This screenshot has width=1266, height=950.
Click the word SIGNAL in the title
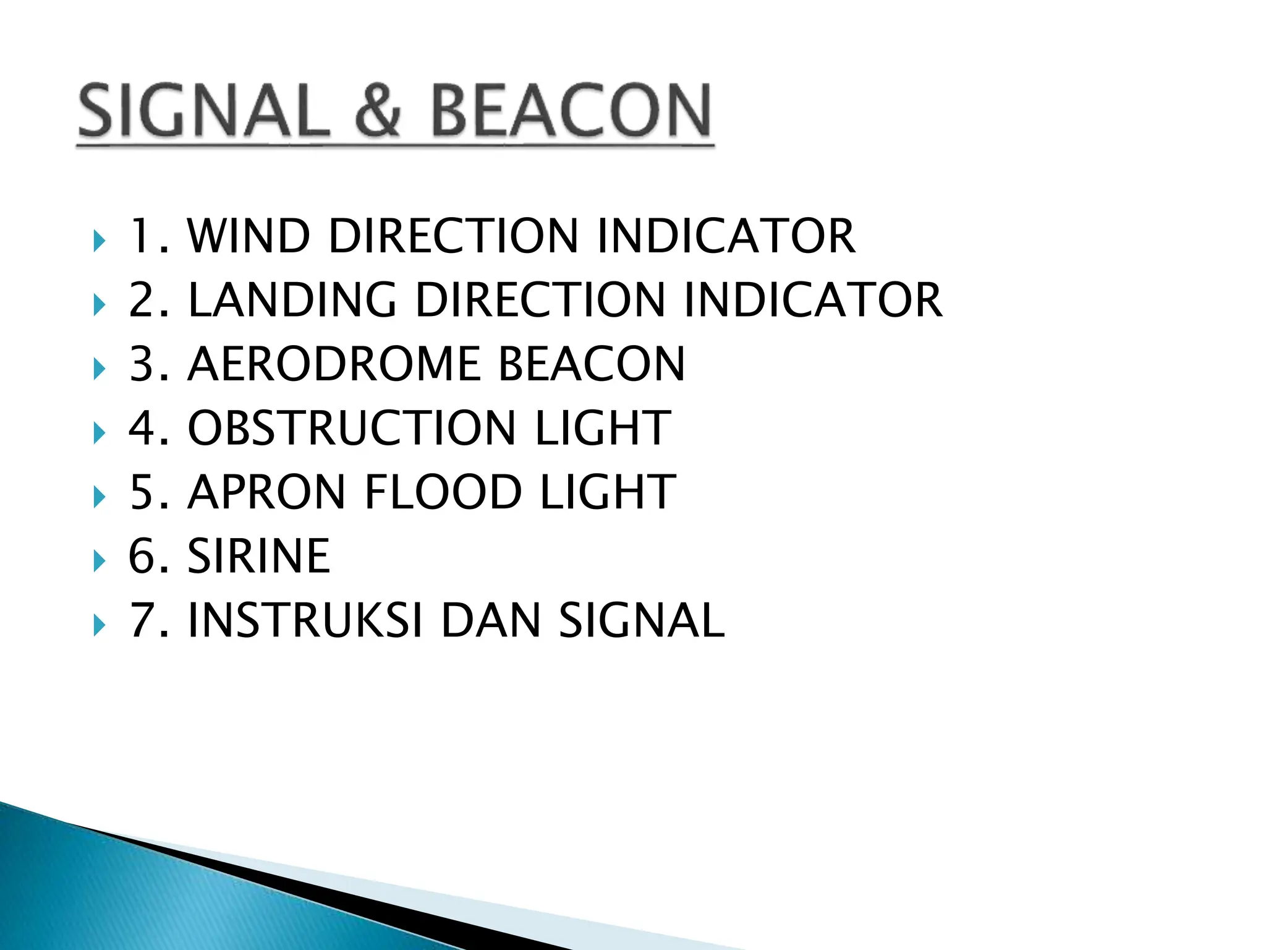click(203, 111)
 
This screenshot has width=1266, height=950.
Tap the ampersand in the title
click(378, 111)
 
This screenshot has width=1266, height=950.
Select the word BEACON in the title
click(570, 111)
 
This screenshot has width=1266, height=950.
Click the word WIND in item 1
click(249, 236)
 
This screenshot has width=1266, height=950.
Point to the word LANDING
click(292, 301)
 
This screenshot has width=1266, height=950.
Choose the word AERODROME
click(334, 364)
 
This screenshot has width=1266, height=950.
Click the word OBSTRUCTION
click(351, 428)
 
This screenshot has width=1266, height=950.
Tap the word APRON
click(266, 492)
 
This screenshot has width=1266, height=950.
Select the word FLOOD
click(443, 492)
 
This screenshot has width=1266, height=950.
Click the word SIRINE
click(258, 556)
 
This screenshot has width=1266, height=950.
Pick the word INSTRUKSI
click(305, 620)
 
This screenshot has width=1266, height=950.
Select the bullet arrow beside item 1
click(99, 241)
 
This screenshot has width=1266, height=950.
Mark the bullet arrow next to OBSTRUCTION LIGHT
click(99, 433)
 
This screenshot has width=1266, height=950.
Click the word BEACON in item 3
click(592, 364)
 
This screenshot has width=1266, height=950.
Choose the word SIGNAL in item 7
click(642, 620)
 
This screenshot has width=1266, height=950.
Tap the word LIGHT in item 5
click(608, 492)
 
